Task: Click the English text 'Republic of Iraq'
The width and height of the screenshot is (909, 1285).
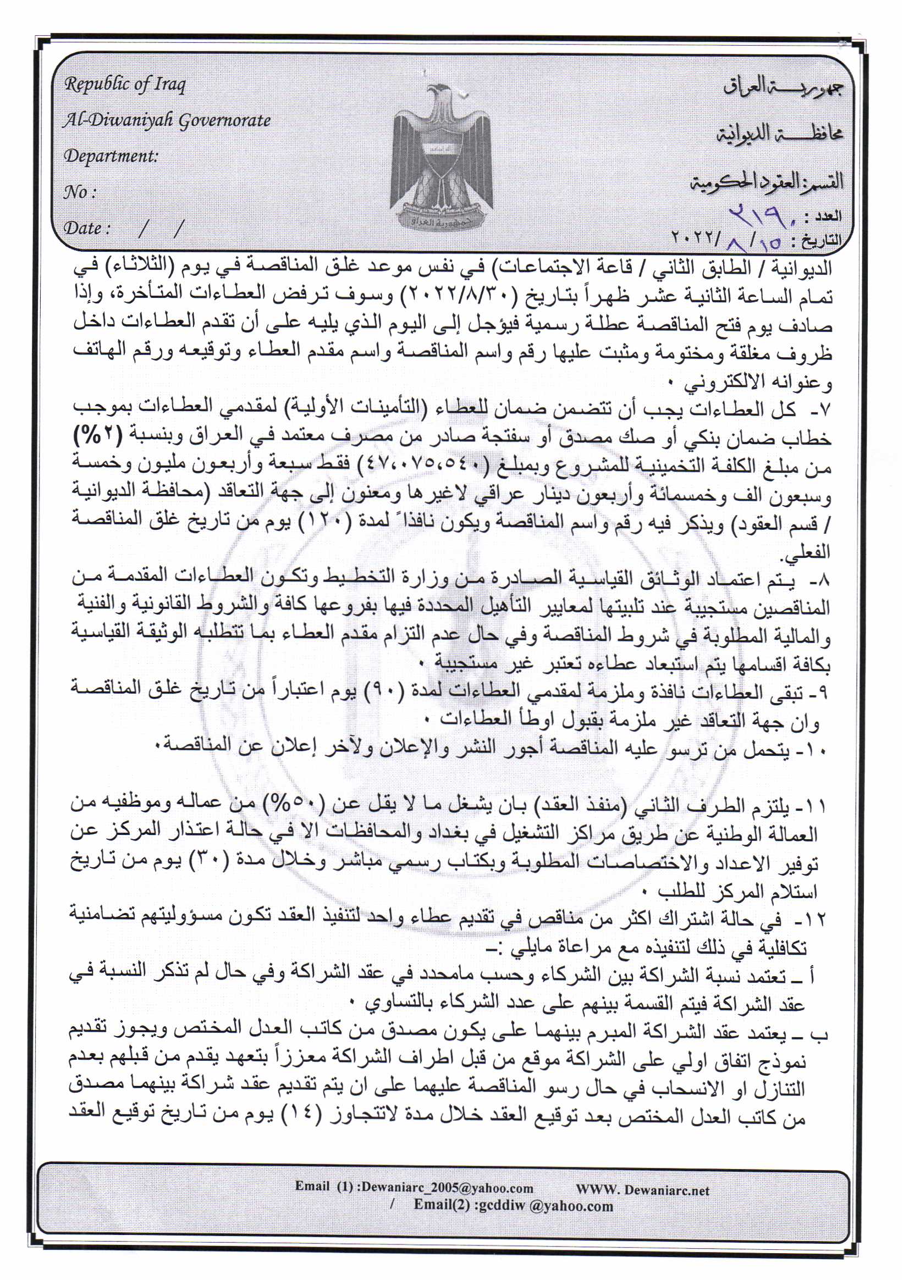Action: tap(125, 85)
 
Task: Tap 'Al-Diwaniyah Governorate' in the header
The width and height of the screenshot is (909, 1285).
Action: tap(167, 120)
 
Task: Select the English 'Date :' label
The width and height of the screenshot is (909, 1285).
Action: tap(86, 228)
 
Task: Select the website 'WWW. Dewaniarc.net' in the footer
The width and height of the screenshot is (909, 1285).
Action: tap(642, 1189)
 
